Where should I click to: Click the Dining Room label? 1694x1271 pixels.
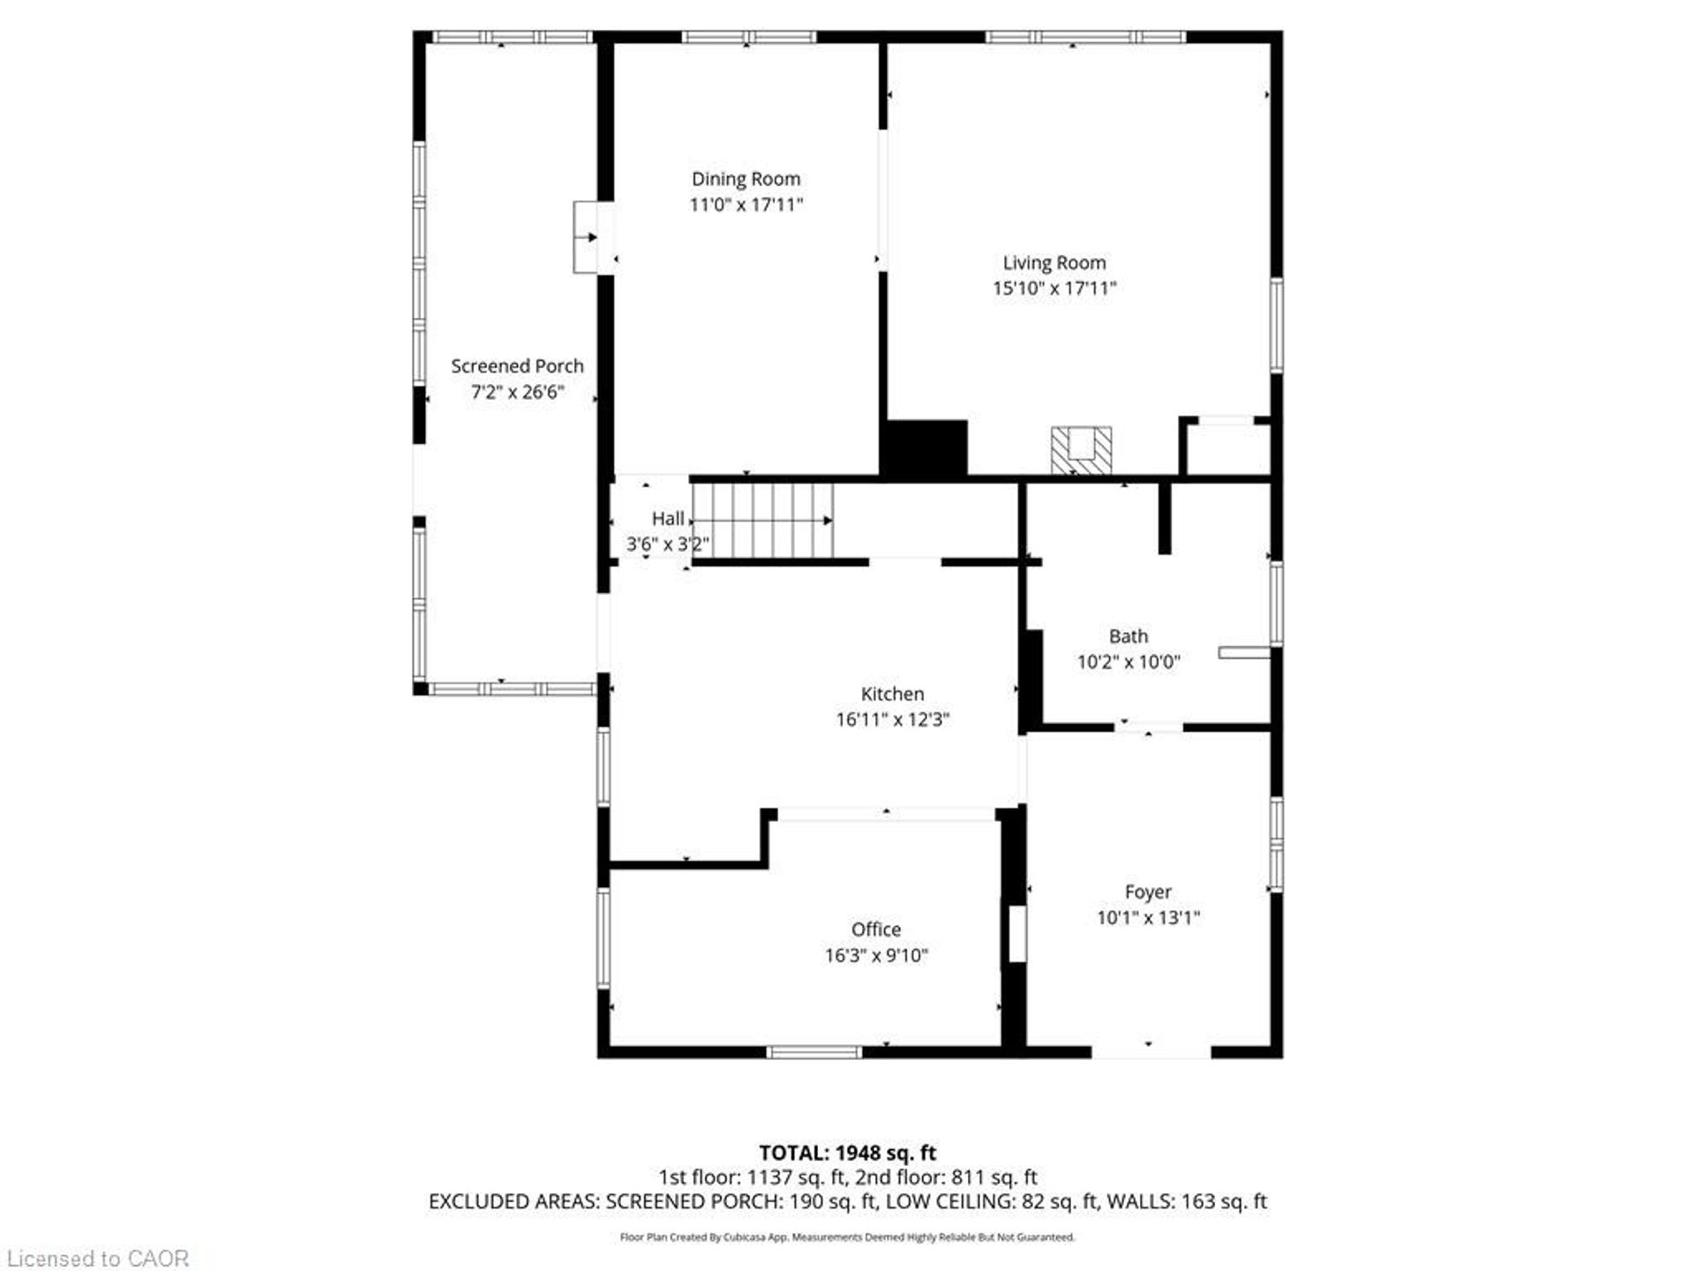(746, 179)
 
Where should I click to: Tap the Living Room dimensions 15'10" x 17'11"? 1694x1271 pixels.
(1054, 288)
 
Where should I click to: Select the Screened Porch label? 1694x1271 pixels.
(517, 366)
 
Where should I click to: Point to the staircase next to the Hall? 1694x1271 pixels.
(762, 521)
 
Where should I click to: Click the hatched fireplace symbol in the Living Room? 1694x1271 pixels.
(1081, 450)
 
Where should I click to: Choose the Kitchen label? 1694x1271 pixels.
(892, 695)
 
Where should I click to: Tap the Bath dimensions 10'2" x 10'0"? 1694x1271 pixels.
(1128, 662)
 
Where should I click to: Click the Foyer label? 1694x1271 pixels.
(1148, 892)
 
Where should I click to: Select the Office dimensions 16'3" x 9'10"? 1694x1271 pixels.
(876, 955)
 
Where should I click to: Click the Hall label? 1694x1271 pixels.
(668, 519)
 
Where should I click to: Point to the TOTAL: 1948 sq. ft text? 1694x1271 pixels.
(847, 1153)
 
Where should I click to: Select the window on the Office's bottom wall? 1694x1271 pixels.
(813, 1052)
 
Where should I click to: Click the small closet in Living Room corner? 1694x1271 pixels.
(1226, 447)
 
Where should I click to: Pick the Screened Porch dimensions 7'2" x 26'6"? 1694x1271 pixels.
(517, 392)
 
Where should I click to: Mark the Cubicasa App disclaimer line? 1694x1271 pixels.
(847, 1237)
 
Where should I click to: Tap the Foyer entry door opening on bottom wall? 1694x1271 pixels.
(1151, 1052)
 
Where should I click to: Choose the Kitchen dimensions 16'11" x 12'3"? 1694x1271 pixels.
(892, 719)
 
